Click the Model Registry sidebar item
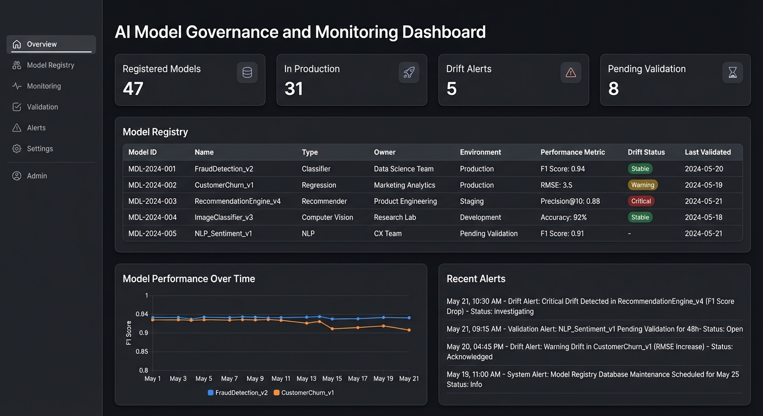click(50, 65)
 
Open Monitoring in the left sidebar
click(43, 86)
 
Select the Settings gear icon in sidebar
click(17, 148)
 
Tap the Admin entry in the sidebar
click(36, 176)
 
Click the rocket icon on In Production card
click(409, 73)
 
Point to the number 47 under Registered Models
click(133, 89)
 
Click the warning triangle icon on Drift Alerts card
click(571, 73)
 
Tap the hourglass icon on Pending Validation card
click(732, 73)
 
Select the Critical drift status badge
click(641, 201)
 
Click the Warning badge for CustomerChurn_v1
click(642, 185)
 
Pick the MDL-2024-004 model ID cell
click(152, 217)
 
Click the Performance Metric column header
click(572, 152)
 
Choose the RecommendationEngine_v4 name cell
click(237, 201)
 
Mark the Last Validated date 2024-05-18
click(703, 217)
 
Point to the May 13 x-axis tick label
click(306, 379)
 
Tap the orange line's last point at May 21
click(409, 330)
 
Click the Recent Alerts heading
click(476, 279)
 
